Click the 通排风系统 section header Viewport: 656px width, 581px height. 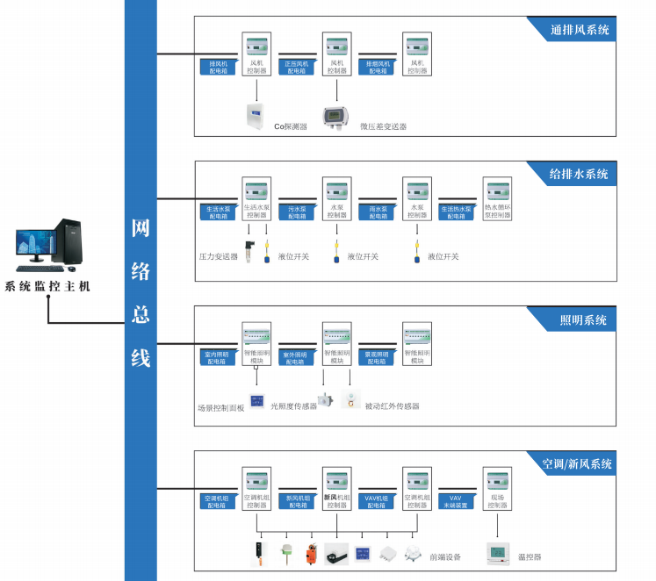[580, 30]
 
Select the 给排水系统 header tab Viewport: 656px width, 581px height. [579, 174]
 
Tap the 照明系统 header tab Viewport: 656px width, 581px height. [583, 320]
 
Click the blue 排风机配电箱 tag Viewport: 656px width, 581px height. [218, 67]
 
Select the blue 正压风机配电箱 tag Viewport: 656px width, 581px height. [298, 67]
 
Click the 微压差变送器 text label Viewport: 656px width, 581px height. [384, 126]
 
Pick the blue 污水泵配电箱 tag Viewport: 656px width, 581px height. [298, 212]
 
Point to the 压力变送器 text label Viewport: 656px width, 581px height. [218, 257]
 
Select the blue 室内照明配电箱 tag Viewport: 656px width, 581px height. [218, 357]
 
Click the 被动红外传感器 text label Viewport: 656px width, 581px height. [392, 406]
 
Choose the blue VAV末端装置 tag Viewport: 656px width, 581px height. [458, 501]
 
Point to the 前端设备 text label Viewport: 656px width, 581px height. [444, 557]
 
